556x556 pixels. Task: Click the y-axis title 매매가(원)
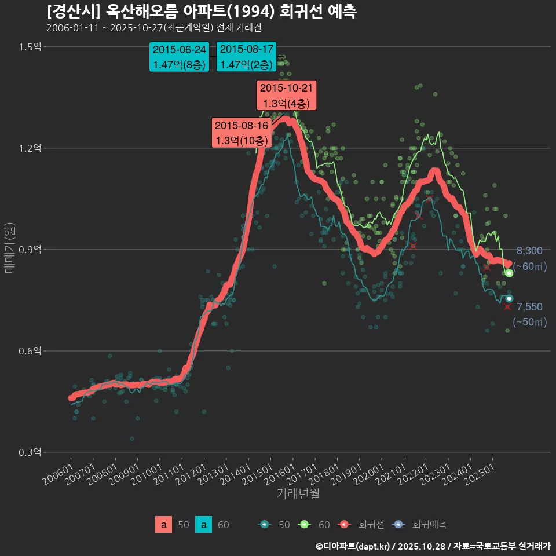click(10, 247)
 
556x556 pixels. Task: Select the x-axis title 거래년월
click(298, 493)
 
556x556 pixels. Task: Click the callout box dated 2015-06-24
click(179, 57)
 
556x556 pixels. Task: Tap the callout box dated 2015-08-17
click(246, 57)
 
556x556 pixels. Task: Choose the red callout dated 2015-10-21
click(287, 96)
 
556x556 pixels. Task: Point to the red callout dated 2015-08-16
click(241, 133)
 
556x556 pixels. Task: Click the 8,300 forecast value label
click(529, 251)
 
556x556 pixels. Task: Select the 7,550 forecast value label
click(529, 307)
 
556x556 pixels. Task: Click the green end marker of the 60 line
click(509, 273)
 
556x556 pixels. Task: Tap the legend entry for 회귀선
click(360, 525)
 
